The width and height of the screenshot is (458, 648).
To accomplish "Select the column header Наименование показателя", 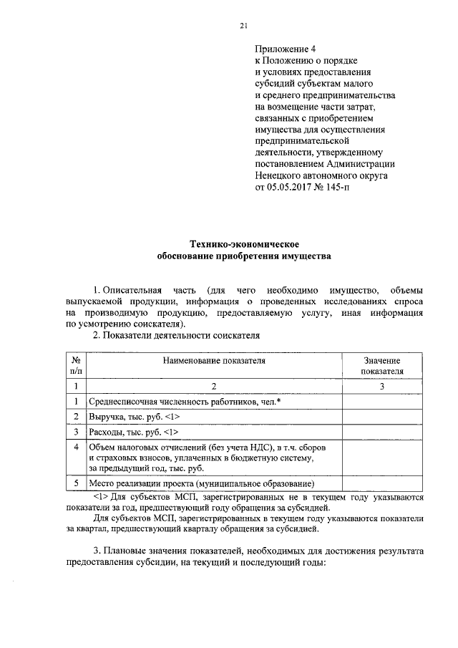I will pyautogui.click(x=213, y=361).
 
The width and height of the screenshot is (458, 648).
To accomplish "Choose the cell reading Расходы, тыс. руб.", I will pyautogui.click(x=133, y=432).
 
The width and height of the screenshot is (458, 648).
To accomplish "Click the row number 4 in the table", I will pyautogui.click(x=77, y=447).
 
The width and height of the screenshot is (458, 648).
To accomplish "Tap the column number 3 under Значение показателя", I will pyautogui.click(x=382, y=387).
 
